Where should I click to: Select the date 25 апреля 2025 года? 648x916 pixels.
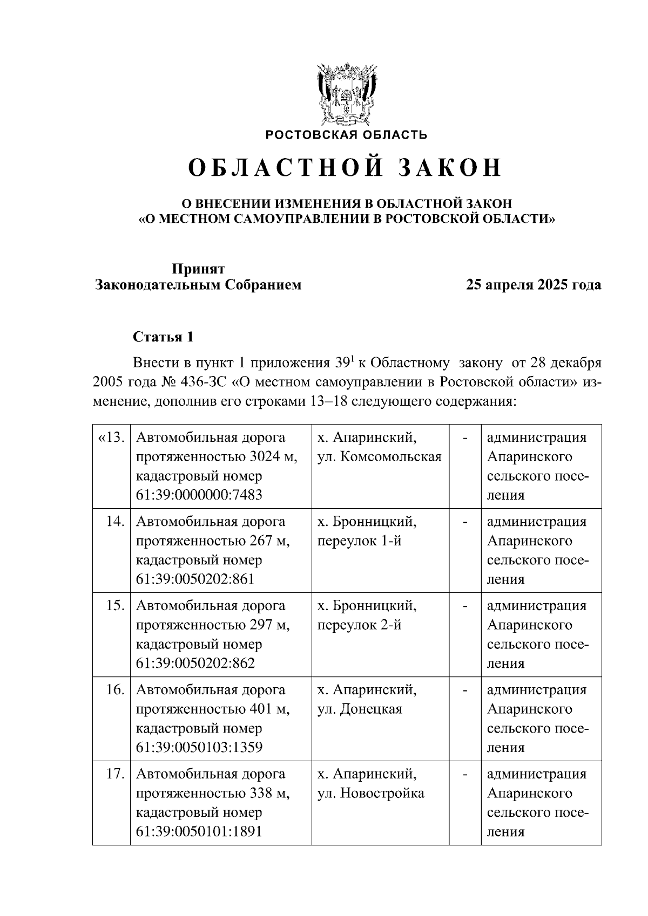click(534, 285)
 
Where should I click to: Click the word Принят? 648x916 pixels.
click(198, 269)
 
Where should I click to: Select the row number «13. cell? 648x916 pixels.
click(112, 438)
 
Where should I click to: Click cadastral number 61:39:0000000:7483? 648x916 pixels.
click(199, 495)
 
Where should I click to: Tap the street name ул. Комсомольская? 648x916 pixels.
click(379, 457)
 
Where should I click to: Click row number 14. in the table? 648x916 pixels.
click(116, 522)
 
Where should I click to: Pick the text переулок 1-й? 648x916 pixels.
click(359, 541)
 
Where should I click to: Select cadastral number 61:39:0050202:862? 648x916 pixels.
click(195, 664)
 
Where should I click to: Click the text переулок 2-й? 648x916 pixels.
click(359, 625)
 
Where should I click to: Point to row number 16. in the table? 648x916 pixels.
click(116, 690)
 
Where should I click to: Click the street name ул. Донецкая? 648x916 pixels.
click(360, 709)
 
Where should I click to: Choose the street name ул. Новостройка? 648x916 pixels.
click(370, 794)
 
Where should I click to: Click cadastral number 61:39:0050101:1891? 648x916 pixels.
click(199, 832)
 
